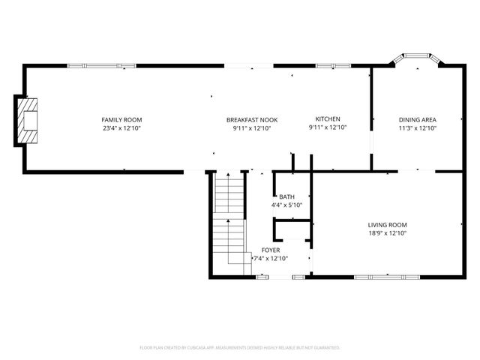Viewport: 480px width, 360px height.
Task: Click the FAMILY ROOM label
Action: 122,119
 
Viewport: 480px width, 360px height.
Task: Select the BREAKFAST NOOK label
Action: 252,119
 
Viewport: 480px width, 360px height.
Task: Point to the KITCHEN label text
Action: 328,119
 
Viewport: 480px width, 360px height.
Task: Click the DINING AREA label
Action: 417,119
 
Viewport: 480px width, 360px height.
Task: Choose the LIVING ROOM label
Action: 387,225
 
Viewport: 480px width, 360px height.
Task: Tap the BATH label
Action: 287,196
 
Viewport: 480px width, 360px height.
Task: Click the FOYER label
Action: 271,250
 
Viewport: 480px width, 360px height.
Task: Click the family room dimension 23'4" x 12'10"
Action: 122,128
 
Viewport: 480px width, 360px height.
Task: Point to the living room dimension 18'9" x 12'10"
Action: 387,233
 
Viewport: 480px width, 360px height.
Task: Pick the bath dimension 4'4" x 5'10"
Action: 287,205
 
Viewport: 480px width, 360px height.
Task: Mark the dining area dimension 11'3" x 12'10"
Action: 417,128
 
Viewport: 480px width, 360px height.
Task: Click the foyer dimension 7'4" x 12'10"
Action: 271,259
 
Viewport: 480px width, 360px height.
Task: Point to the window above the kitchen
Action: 328,66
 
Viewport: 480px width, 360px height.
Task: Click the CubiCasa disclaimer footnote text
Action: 240,348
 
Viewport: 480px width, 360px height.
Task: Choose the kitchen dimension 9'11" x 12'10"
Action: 328,128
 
